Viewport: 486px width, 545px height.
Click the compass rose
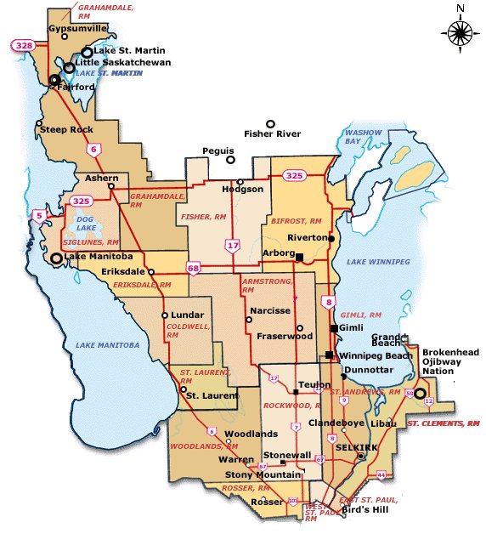click(459, 33)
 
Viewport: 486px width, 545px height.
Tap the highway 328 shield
click(22, 43)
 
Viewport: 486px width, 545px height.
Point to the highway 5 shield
click(39, 216)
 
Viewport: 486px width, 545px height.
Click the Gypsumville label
click(77, 27)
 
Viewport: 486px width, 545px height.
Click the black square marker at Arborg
click(299, 256)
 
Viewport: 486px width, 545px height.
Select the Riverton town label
click(307, 238)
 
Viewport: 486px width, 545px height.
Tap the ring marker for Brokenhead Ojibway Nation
click(419, 393)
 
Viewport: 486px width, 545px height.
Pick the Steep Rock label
click(59, 129)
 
